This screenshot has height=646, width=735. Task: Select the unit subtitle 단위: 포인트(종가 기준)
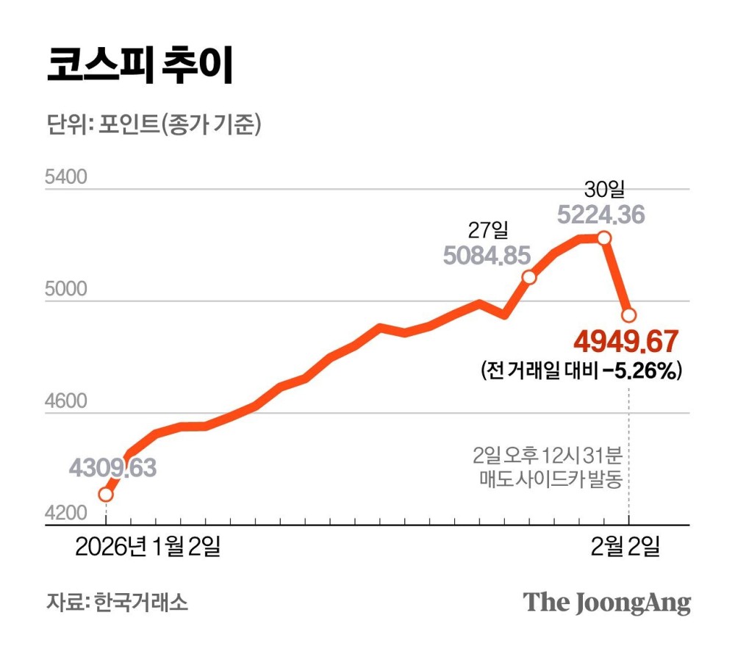(x=153, y=125)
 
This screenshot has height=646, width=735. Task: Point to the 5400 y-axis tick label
(x=65, y=179)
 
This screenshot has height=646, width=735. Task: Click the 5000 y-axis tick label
(x=65, y=290)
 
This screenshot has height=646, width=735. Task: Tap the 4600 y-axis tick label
(x=65, y=402)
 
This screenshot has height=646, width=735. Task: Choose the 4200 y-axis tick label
(x=65, y=514)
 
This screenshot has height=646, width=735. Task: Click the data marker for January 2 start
(x=106, y=494)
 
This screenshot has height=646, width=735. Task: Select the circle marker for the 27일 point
(x=528, y=277)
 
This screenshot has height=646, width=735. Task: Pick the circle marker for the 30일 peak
(x=604, y=237)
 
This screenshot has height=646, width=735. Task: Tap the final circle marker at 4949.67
(x=629, y=315)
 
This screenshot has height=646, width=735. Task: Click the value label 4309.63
(x=113, y=467)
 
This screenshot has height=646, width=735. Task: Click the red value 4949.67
(x=625, y=342)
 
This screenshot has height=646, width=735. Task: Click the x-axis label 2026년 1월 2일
(x=146, y=547)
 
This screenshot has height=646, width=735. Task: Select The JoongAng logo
(x=607, y=603)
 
